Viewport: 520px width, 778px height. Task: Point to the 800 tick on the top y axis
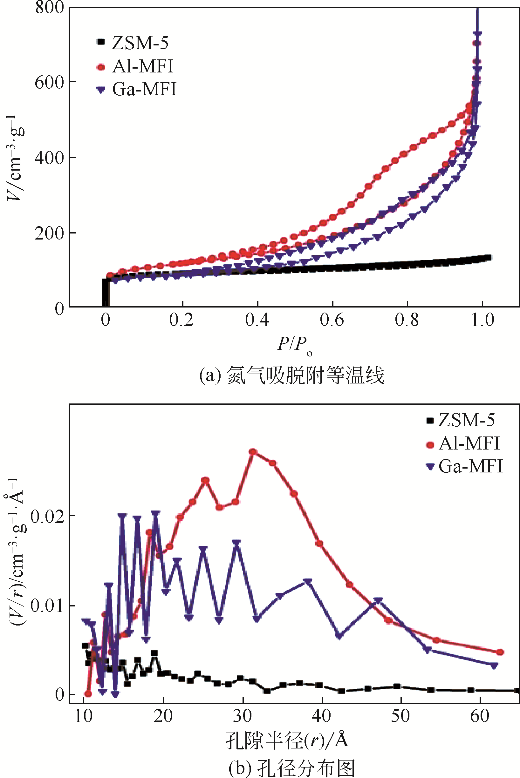[50, 7]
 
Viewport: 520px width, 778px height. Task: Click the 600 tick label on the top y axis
[50, 82]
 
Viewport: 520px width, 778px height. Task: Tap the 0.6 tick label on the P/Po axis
[332, 320]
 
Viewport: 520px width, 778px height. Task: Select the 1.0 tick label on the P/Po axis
[482, 320]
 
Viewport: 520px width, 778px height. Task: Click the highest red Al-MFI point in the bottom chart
[253, 451]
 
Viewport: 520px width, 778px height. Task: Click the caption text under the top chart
[292, 376]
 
